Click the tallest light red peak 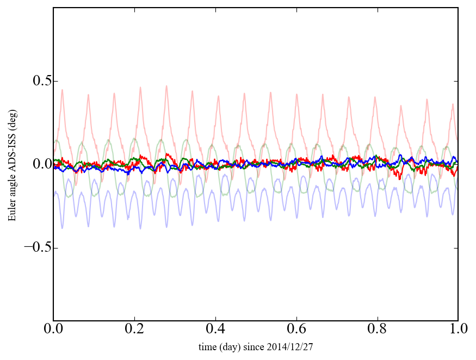click(x=166, y=86)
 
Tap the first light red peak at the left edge click(x=62, y=90)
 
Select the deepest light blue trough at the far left click(x=62, y=228)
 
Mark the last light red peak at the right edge click(x=453, y=104)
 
